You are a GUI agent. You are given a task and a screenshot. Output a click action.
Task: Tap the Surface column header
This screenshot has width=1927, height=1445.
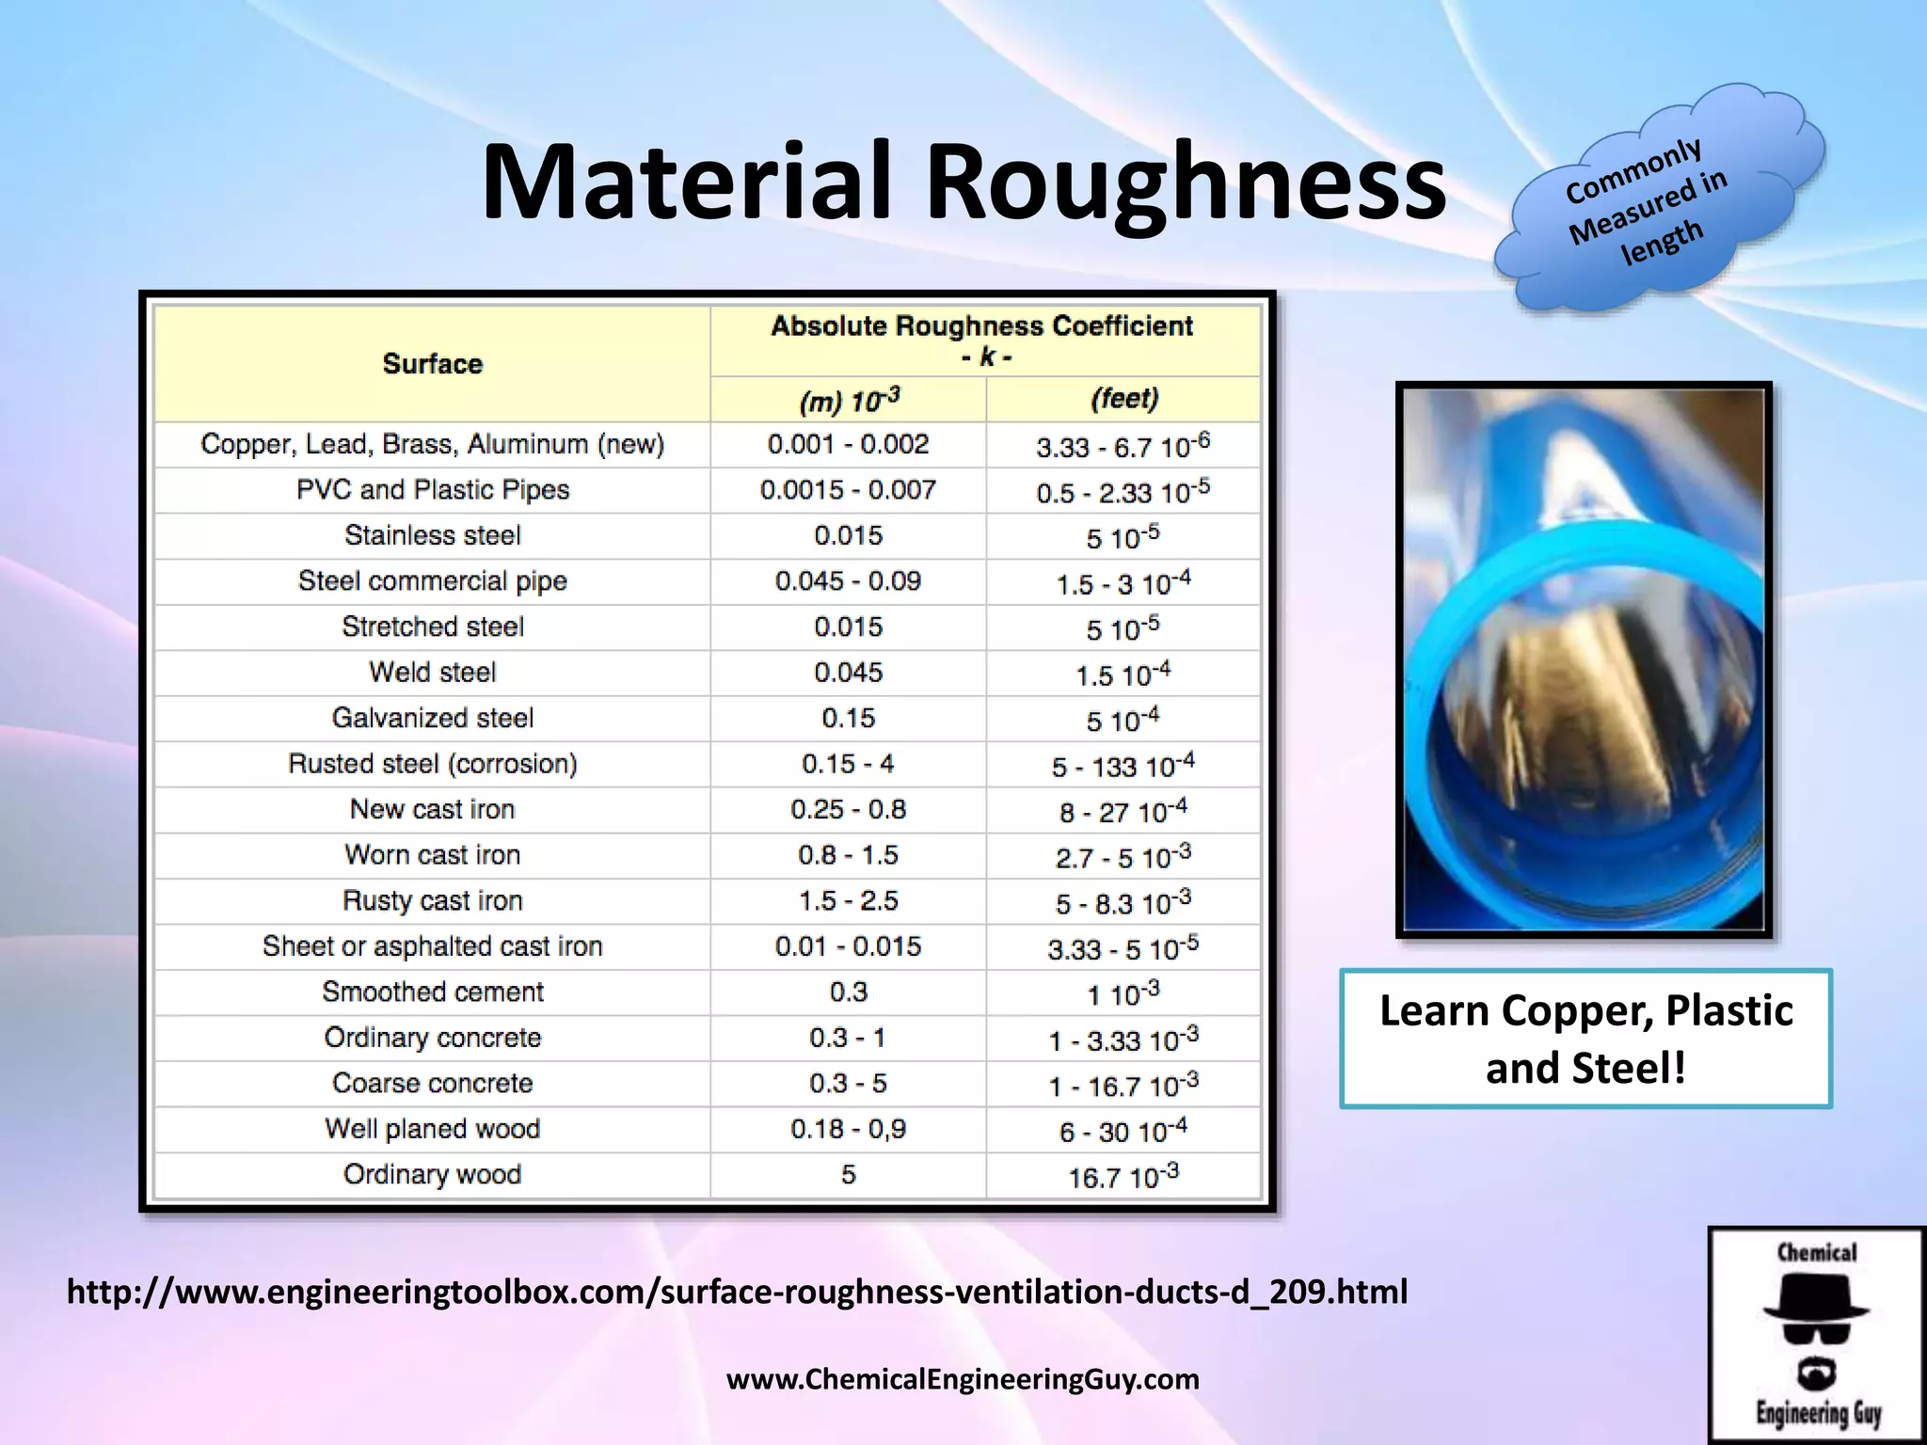pos(432,363)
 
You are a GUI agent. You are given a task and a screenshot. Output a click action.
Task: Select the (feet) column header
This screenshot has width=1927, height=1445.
pos(1123,399)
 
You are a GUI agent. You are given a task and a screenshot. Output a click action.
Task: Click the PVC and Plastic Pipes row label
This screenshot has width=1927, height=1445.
pos(432,490)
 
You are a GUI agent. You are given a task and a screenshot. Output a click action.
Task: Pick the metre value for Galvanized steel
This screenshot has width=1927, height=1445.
pos(848,719)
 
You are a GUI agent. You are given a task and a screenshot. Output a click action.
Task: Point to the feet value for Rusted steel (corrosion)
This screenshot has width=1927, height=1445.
pos(1123,765)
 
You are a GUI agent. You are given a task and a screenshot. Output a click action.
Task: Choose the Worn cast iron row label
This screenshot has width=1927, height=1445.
pos(432,855)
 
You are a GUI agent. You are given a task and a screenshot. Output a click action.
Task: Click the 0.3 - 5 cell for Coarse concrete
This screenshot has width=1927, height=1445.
pos(848,1084)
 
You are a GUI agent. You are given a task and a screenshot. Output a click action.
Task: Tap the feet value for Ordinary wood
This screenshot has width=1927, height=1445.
pos(1123,1176)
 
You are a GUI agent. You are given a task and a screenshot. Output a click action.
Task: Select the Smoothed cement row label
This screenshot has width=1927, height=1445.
pos(432,992)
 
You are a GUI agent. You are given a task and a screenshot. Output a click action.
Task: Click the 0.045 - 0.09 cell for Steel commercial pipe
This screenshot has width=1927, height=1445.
pos(848,581)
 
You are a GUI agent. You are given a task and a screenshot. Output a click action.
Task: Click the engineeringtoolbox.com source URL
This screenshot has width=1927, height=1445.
pos(737,1292)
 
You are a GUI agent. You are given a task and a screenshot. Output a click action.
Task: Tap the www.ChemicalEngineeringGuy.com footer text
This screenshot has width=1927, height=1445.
pos(963,1379)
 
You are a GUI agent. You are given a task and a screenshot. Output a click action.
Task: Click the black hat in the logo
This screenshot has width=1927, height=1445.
pos(1815,1297)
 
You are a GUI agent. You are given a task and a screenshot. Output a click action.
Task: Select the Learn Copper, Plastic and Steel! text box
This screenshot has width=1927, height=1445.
pos(1585,1039)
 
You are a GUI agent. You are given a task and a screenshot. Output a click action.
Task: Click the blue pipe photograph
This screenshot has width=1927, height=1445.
pos(1584,660)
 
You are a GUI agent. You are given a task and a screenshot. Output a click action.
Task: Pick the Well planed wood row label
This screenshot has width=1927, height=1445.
pos(432,1129)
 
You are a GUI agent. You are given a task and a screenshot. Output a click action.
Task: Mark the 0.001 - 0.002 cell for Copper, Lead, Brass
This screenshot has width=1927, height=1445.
pos(848,444)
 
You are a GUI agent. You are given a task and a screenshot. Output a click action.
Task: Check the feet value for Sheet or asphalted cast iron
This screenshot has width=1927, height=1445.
pos(1123,947)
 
